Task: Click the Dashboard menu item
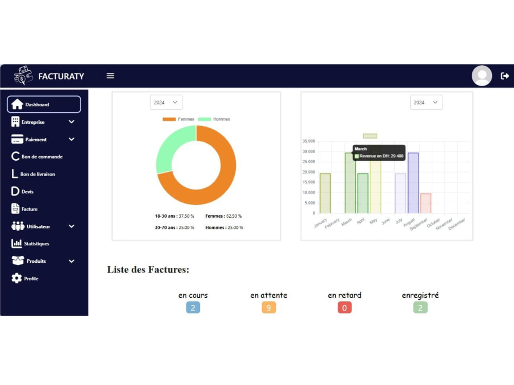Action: tap(44, 104)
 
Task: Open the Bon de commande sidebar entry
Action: tap(36, 157)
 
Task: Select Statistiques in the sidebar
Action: tap(30, 243)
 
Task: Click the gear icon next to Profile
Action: tap(16, 278)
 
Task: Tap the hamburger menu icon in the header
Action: tap(111, 76)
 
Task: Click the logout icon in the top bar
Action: tap(505, 76)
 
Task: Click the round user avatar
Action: tap(482, 75)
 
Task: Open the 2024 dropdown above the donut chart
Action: tap(166, 103)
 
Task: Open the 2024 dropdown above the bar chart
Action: tap(426, 103)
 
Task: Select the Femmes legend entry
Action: tap(178, 119)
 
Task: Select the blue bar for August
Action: tap(413, 183)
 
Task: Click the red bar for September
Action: tap(426, 203)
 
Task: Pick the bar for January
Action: tap(325, 194)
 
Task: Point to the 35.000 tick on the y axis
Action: tap(309, 141)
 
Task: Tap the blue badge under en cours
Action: tap(193, 307)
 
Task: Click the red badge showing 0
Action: tap(344, 307)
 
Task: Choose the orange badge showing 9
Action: tap(269, 307)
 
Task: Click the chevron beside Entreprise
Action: tap(71, 122)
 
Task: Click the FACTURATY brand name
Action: tap(61, 76)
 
